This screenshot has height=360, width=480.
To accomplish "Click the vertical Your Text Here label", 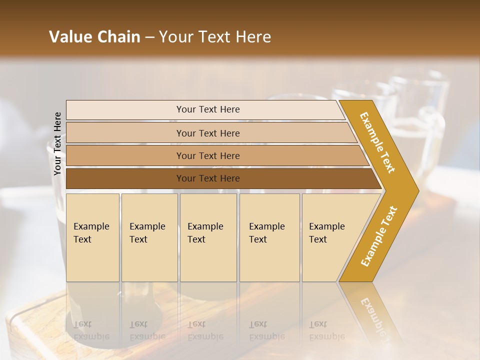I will [57, 144].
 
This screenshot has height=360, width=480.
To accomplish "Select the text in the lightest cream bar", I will [208, 109].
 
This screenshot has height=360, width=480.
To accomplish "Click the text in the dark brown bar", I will [208, 178].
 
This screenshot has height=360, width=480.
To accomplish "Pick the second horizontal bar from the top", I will [208, 133].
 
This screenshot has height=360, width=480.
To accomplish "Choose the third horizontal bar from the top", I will [208, 155].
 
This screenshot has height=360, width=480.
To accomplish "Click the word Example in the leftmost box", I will [91, 226].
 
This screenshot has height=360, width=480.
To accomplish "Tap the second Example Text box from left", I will [149, 237].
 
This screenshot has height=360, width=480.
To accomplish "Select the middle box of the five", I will [208, 237].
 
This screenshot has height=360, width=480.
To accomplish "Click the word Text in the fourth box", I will [258, 239].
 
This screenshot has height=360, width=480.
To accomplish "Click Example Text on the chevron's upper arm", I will [377, 142].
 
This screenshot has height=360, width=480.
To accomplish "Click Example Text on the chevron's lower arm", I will [379, 236].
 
